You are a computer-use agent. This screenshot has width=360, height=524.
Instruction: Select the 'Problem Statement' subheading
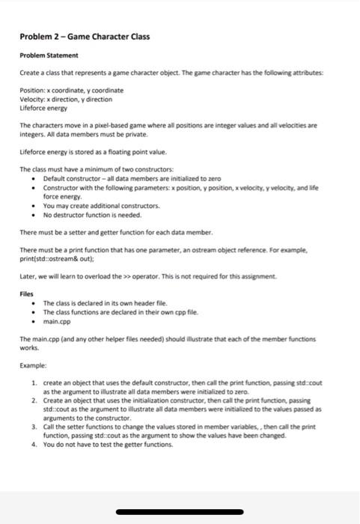tap(49, 55)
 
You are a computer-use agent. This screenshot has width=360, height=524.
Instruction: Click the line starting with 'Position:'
tap(71, 90)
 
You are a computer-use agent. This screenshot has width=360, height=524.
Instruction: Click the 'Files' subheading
tap(27, 294)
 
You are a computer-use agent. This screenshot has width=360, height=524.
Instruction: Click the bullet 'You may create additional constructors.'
tap(101, 205)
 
